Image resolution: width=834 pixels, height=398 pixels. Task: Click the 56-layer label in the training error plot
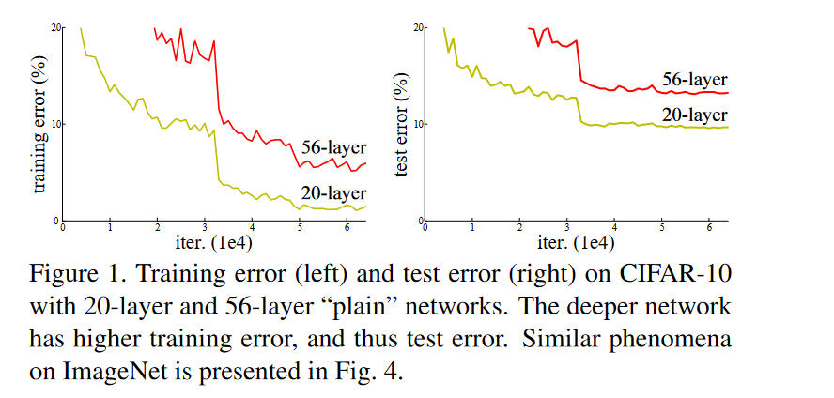(x=333, y=147)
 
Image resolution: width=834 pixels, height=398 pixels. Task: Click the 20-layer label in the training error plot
(x=333, y=193)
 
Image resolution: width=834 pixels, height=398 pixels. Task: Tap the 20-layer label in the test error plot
(x=695, y=115)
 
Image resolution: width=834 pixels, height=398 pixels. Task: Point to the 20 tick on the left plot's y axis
(x=56, y=27)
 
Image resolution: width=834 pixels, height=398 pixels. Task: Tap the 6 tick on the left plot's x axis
(x=347, y=228)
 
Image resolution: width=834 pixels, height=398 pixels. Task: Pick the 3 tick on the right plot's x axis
(x=567, y=228)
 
